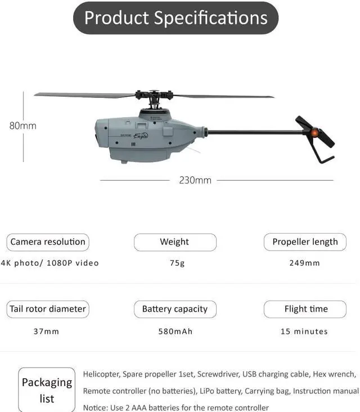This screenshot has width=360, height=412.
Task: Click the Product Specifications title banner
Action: coord(175,18)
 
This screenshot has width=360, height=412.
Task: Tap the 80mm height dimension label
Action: coord(22,126)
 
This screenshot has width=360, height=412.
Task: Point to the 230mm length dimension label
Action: coord(195,180)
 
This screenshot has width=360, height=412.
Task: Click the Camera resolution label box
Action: coord(48,242)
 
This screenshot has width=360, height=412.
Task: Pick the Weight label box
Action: coord(174,242)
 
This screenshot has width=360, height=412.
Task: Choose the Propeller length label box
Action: coord(305,242)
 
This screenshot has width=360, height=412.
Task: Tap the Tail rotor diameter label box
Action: coord(48,309)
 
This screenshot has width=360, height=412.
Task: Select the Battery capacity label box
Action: coord(174,309)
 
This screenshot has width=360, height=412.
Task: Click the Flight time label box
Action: coord(305,309)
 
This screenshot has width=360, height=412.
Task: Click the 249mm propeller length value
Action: coord(304,263)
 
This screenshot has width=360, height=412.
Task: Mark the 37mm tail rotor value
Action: coord(46,331)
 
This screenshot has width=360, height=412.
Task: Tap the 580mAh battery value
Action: coord(175,331)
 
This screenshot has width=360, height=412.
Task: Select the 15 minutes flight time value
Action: coord(304,331)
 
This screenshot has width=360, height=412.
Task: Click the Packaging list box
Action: coord(47,389)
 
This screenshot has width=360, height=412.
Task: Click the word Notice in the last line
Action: coord(95,407)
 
